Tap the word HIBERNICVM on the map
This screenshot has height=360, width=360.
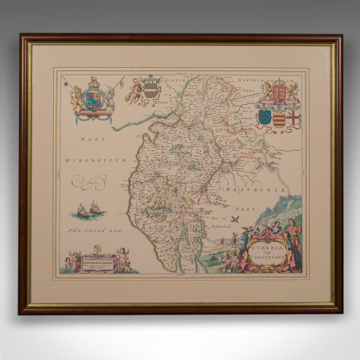103,161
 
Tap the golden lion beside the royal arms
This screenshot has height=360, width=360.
77,99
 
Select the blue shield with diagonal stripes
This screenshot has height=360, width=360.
265,117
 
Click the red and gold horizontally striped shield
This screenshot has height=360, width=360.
278,118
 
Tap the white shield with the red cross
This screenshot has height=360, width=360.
293,117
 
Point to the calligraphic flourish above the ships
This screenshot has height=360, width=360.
89,181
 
